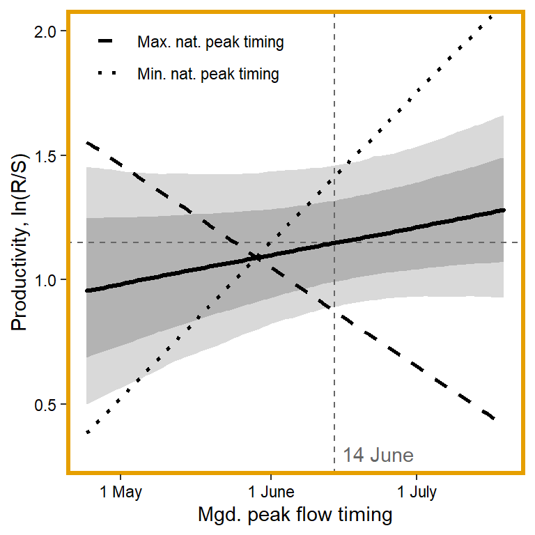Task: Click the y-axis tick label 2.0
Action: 52,31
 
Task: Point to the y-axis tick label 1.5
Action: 52,155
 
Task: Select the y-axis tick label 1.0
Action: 52,279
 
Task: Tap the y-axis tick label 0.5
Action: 52,404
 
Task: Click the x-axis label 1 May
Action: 121,493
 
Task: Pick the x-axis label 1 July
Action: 417,493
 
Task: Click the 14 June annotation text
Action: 378,456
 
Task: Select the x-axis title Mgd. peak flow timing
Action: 295,515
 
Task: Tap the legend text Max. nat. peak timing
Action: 210,42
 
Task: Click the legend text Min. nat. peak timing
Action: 208,74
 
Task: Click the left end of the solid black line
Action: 86,290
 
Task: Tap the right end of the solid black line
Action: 503,210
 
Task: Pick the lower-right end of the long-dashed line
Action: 494,419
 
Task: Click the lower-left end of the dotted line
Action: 87,433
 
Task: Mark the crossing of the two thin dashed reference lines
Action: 334,242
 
